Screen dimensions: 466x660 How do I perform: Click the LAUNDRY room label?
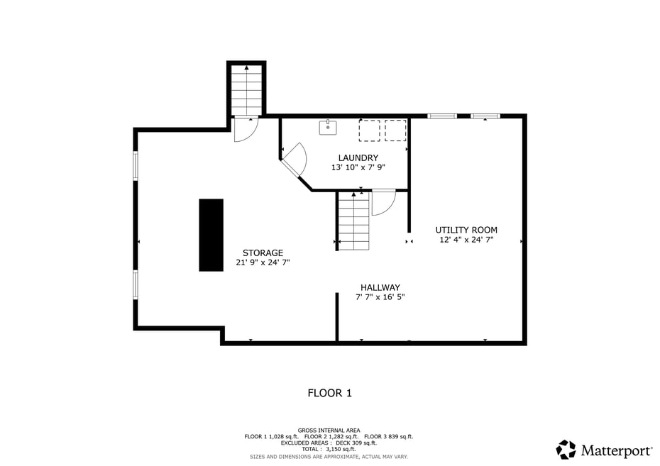[358, 157]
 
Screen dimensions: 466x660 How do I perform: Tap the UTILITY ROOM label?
[466, 230]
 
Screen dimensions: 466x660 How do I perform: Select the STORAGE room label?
[263, 253]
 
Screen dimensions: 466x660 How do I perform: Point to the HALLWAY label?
[380, 287]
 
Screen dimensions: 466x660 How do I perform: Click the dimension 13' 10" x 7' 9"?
[358, 168]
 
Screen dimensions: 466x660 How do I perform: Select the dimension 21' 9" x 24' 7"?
[263, 262]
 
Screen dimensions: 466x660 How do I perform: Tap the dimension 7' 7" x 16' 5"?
[380, 297]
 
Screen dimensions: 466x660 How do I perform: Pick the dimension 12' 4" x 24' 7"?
[466, 240]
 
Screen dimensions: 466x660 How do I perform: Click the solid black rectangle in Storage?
[211, 235]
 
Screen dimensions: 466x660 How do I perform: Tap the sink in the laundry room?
[328, 128]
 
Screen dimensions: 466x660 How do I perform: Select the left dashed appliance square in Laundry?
[369, 131]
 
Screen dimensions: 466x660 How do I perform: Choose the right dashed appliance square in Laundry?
[395, 131]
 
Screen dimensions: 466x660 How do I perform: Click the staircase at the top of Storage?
[246, 89]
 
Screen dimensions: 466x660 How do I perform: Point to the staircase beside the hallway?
[353, 221]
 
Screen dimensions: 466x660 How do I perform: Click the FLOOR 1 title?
[329, 393]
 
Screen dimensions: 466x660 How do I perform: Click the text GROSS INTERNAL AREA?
[329, 430]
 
